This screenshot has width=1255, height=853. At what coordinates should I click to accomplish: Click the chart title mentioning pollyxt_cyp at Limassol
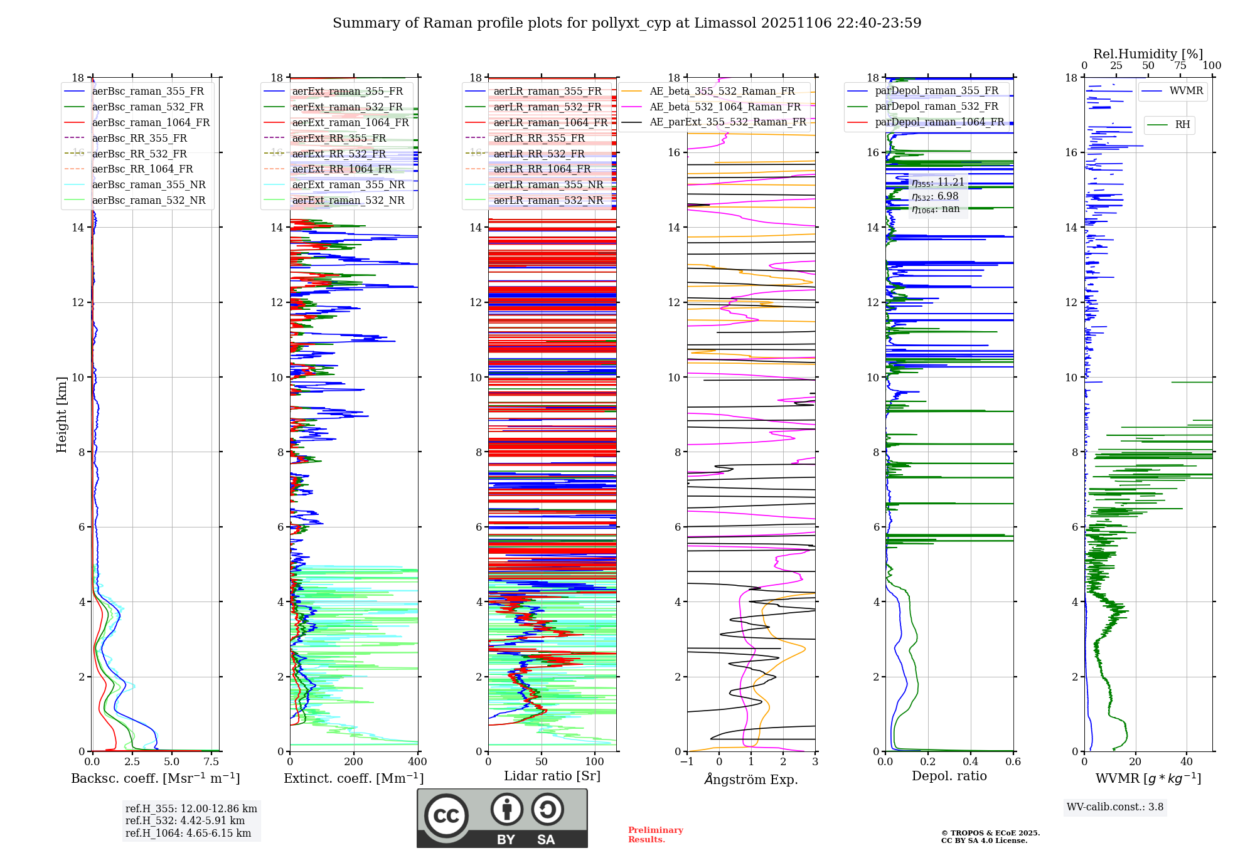point(627,23)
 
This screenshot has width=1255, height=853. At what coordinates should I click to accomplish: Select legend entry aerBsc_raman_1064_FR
point(151,122)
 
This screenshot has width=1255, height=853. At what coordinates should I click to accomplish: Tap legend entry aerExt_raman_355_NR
point(348,184)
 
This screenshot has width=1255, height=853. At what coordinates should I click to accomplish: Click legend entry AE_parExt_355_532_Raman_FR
point(728,122)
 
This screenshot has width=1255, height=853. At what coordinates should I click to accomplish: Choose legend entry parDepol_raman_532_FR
point(936,107)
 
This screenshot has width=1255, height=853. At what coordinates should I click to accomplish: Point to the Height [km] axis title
point(61,415)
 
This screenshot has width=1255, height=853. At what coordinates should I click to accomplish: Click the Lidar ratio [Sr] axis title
point(552,776)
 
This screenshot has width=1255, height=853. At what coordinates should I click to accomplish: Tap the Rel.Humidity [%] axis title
point(1148,54)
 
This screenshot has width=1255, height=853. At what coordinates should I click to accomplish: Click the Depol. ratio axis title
point(949,776)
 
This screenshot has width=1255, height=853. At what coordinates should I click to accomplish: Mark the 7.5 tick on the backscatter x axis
point(211,762)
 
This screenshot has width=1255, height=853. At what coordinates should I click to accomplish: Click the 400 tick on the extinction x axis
point(417,762)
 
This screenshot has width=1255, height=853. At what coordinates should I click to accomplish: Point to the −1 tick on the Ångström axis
point(687,762)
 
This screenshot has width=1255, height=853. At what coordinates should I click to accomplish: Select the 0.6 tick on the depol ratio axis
point(1013,762)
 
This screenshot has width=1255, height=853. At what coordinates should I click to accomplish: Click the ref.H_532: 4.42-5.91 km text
point(184,820)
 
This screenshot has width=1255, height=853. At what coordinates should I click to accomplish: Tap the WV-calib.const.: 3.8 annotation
point(1115,807)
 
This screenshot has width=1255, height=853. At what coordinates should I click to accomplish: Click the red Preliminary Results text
point(655,835)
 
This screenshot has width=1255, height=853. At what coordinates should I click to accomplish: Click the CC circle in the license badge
point(446,816)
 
